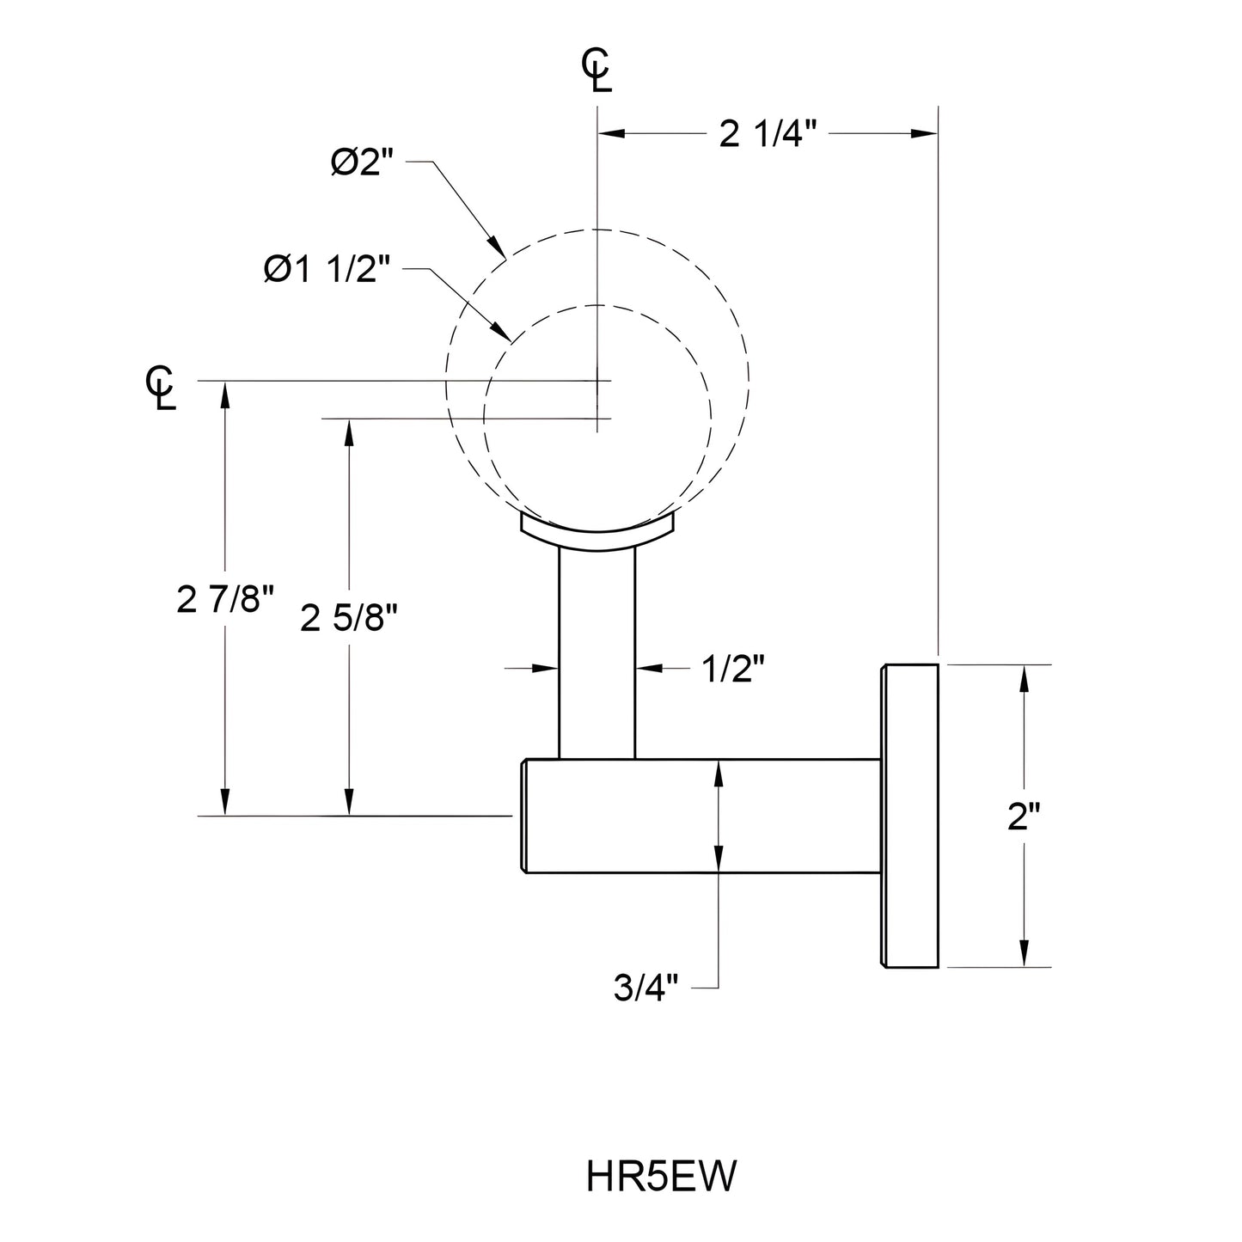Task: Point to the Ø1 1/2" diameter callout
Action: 327,271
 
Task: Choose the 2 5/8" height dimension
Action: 349,618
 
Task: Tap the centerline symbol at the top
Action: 597,70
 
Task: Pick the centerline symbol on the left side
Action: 161,389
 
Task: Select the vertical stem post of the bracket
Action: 597,653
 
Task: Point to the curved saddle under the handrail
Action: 597,534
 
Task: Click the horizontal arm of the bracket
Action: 701,817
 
